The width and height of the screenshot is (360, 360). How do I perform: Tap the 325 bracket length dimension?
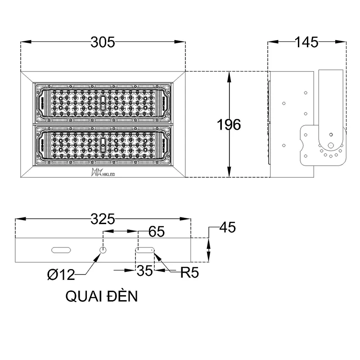pos(103,219)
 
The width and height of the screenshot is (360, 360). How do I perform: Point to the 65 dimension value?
pos(156,232)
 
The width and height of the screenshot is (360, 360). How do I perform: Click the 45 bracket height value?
pos(227,228)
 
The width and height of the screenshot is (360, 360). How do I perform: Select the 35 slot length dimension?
pos(144,270)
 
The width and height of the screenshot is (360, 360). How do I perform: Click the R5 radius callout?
pos(189,273)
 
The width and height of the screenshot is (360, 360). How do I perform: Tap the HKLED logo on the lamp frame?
pos(103,172)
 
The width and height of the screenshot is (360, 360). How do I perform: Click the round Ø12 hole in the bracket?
pos(103,250)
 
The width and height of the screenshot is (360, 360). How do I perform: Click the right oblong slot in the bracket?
pos(145,249)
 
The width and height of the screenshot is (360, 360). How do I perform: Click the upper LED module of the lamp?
pos(103,103)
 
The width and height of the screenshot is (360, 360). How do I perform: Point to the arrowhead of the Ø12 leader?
pos(100,255)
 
